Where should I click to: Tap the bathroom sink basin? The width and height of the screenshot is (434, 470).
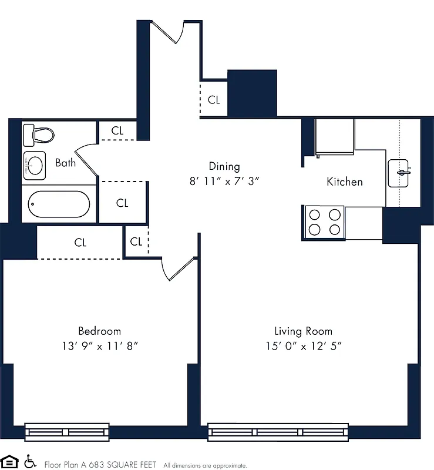pos(36,166)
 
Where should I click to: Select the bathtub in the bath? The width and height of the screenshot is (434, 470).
pos(58,204)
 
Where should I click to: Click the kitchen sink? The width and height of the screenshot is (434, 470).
pos(399,173)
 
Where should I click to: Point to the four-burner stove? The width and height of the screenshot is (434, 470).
pos(324,222)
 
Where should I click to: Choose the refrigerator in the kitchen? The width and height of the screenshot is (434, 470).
pos(335,137)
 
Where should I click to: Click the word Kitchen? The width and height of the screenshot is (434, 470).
pos(344,182)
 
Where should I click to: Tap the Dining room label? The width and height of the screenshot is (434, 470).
pos(224,166)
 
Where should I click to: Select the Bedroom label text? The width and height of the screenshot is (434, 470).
pos(99,331)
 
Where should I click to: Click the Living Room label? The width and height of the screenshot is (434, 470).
pos(303,331)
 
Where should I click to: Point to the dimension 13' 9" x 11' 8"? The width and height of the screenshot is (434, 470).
pos(100,346)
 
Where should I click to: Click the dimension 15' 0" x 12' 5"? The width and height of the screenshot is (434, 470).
pos(303,346)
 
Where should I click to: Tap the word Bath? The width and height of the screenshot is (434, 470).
pos(65,163)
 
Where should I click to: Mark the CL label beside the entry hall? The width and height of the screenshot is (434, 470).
pos(214,100)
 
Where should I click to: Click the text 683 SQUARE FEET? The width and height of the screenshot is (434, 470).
pos(124,464)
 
